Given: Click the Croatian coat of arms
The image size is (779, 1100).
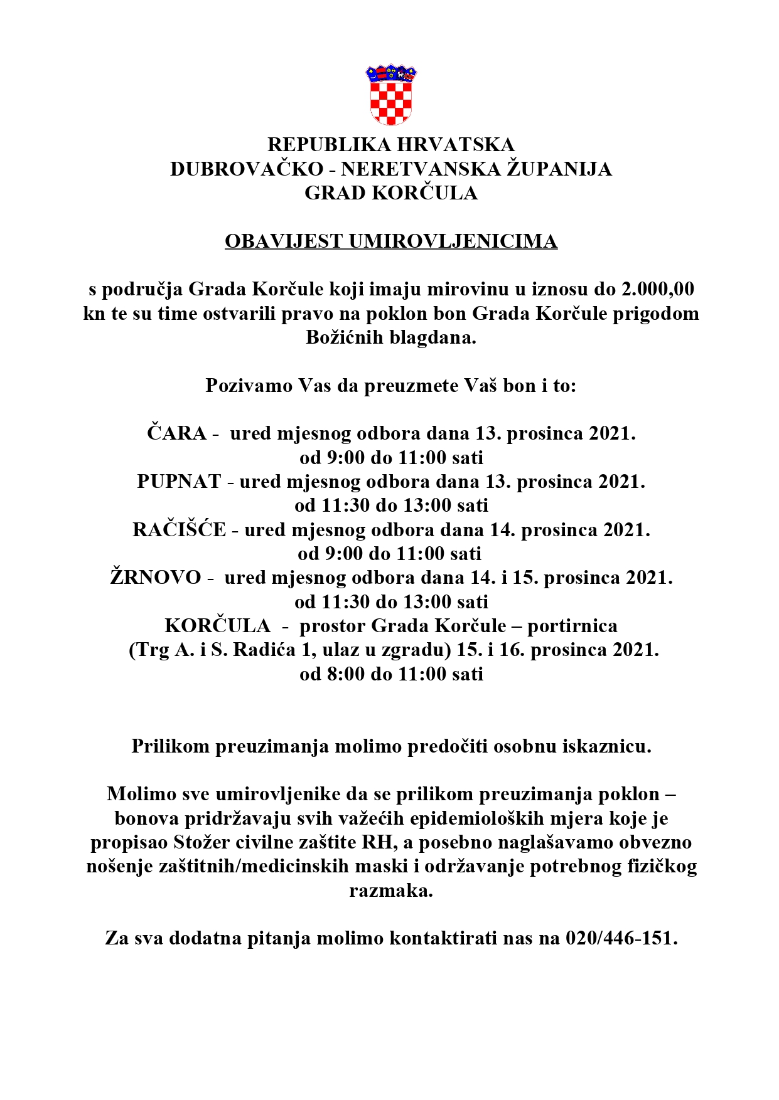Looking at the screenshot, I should click(x=390, y=95).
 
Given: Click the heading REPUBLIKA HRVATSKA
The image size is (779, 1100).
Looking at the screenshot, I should click(x=390, y=145).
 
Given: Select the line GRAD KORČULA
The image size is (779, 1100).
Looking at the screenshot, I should click(x=390, y=193).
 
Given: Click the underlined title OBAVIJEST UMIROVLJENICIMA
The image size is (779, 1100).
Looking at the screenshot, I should click(x=390, y=241).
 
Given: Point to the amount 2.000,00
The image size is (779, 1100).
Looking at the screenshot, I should click(x=657, y=289).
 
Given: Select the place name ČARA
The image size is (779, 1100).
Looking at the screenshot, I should click(x=176, y=433).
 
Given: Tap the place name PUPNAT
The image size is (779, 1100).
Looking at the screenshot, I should click(x=179, y=482).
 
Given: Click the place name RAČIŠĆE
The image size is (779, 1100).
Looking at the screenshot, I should click(x=179, y=530).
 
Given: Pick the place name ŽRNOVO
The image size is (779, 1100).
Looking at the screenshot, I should click(x=156, y=578).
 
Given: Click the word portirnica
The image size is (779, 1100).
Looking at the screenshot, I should click(x=572, y=626).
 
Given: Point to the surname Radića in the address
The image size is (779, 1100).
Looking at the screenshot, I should click(x=264, y=650).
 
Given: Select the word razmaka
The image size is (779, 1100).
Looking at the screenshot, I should click(x=390, y=891).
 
